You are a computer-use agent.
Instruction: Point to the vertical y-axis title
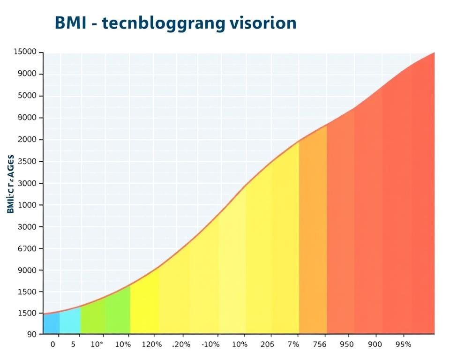tap(11, 184)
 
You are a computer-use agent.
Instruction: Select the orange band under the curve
tap(313, 234)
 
